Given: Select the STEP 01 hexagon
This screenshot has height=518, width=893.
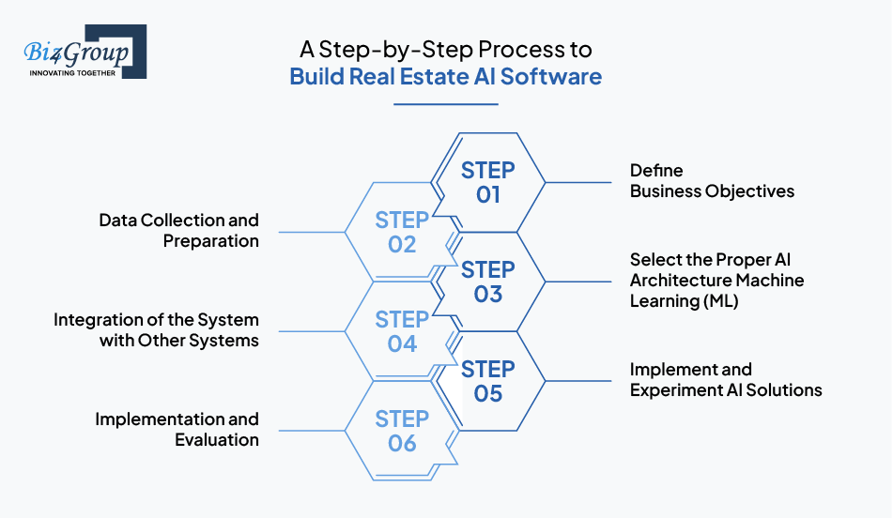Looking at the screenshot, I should [487, 183].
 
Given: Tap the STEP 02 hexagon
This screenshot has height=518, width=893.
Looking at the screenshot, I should [402, 232].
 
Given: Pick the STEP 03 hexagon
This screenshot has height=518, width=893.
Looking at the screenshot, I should [487, 282].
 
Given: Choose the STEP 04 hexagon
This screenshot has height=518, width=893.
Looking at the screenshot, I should [402, 331].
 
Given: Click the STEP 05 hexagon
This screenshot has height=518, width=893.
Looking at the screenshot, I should [487, 381].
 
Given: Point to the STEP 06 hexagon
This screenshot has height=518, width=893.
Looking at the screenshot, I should [402, 431].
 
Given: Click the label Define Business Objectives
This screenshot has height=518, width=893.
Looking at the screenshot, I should [712, 181].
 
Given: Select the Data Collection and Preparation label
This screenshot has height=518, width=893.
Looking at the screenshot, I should [178, 230].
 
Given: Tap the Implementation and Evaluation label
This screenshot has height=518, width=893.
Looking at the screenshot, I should [177, 429].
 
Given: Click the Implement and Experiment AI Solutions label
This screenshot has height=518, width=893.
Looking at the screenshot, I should [726, 379].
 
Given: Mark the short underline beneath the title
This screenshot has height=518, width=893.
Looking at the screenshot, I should [445, 104].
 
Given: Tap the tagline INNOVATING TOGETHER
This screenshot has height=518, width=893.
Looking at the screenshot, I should [72, 73].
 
